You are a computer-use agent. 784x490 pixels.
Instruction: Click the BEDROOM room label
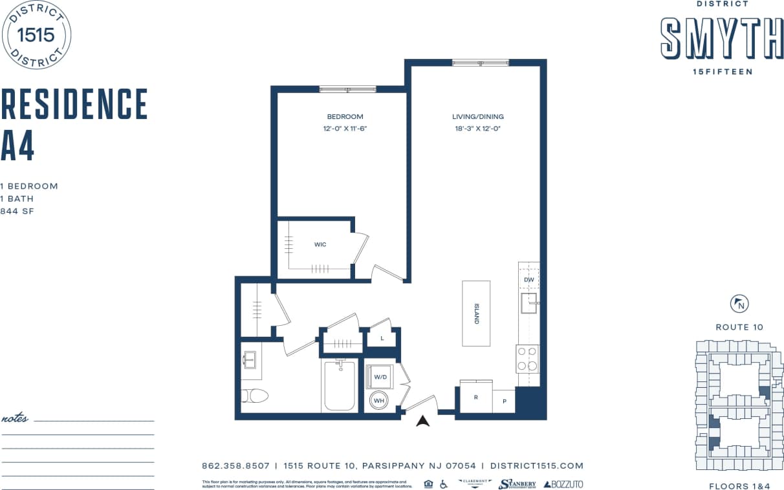coord(345,117)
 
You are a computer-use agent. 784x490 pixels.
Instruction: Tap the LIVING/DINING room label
coord(477,117)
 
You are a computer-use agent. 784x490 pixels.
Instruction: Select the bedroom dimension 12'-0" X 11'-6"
coord(345,129)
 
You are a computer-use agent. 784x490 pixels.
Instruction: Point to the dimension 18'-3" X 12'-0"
coord(477,129)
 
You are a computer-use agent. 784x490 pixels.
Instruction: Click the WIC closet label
coord(320,244)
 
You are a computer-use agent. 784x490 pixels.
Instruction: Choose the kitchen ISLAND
coord(476,313)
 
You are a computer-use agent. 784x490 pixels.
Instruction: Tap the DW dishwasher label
coord(528,279)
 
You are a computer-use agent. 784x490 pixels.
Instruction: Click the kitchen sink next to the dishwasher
coord(529,303)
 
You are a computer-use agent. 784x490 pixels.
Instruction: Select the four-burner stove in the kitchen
coord(527,359)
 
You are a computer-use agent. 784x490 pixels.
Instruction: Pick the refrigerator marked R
coord(476,396)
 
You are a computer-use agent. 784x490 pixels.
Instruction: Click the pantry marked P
coord(504,401)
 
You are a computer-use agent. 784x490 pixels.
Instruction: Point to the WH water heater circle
coord(378,401)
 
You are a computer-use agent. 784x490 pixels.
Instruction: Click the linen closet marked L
coord(382,338)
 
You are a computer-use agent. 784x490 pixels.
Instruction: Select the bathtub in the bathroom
coord(339,385)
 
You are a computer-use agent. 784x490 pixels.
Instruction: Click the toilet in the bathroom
coord(254,395)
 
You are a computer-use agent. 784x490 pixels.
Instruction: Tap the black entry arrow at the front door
coord(423,421)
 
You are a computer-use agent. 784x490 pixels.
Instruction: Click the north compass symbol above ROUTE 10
coord(739,303)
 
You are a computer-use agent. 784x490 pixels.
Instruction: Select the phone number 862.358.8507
coord(235,465)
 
